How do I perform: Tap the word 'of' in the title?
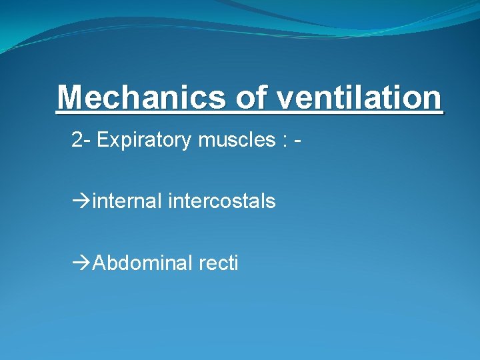(251, 98)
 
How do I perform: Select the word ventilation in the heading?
(359, 98)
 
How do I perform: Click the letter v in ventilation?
(285, 99)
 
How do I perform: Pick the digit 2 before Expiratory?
(77, 140)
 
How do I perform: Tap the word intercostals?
(222, 201)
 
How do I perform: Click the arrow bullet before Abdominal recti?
(81, 263)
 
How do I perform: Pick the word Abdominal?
(143, 263)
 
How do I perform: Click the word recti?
(218, 263)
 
